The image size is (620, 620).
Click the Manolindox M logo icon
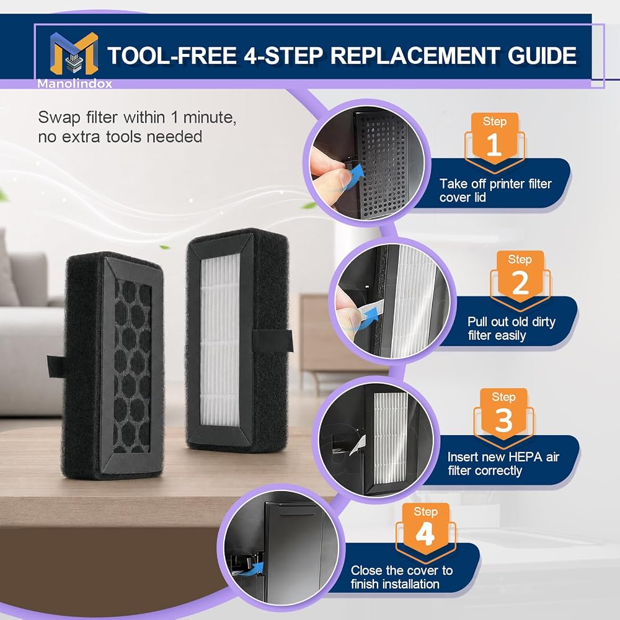click(74, 53)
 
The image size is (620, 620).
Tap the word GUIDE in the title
click(542, 55)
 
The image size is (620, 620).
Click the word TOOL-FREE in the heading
click(172, 55)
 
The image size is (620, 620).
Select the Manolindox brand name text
click(75, 84)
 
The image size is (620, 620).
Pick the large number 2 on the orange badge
click(520, 283)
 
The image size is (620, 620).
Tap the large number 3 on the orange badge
click(503, 420)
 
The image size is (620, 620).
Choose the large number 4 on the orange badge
click(425, 534)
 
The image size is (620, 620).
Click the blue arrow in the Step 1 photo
click(355, 174)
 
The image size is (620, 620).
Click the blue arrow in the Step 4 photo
click(256, 568)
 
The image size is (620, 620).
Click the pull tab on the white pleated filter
click(273, 342)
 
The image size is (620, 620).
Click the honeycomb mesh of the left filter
click(133, 365)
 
